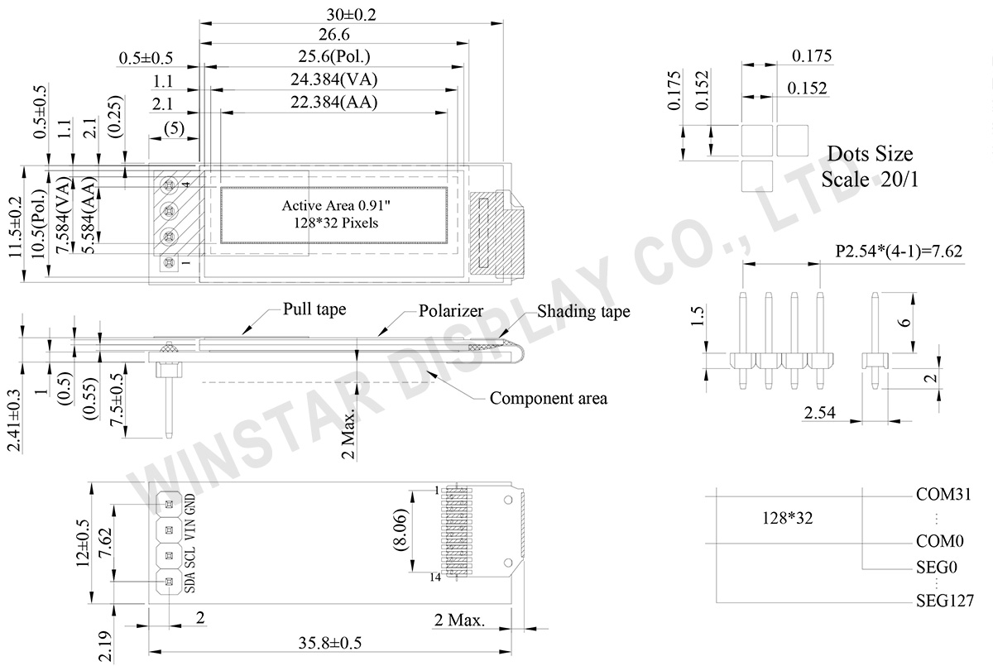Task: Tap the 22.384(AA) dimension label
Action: click(334, 102)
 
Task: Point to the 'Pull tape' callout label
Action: click(314, 309)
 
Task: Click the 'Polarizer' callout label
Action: click(451, 311)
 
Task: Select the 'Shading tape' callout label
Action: click(583, 311)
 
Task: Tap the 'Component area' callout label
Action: click(549, 398)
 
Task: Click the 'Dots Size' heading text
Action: click(870, 154)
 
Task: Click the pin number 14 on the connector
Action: click(434, 577)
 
